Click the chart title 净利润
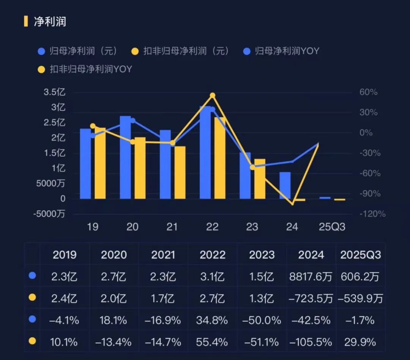pyautogui.click(x=50, y=21)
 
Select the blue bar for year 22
pyautogui.click(x=205, y=152)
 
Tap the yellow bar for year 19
pyautogui.click(x=100, y=163)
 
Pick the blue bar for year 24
pyautogui.click(x=285, y=185)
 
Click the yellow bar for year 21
pyautogui.click(x=180, y=172)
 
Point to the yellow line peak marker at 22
pyautogui.click(x=213, y=95)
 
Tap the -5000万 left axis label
pyautogui.click(x=49, y=214)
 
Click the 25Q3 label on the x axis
pyautogui.click(x=332, y=227)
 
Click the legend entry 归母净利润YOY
pyautogui.click(x=287, y=51)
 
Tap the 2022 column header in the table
pyautogui.click(x=213, y=255)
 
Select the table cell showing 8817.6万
pyautogui.click(x=311, y=276)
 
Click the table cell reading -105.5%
pyautogui.click(x=311, y=342)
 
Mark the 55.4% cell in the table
pyautogui.click(x=213, y=342)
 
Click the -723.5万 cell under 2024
pyautogui.click(x=311, y=298)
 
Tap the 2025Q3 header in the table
pyautogui.click(x=360, y=255)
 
